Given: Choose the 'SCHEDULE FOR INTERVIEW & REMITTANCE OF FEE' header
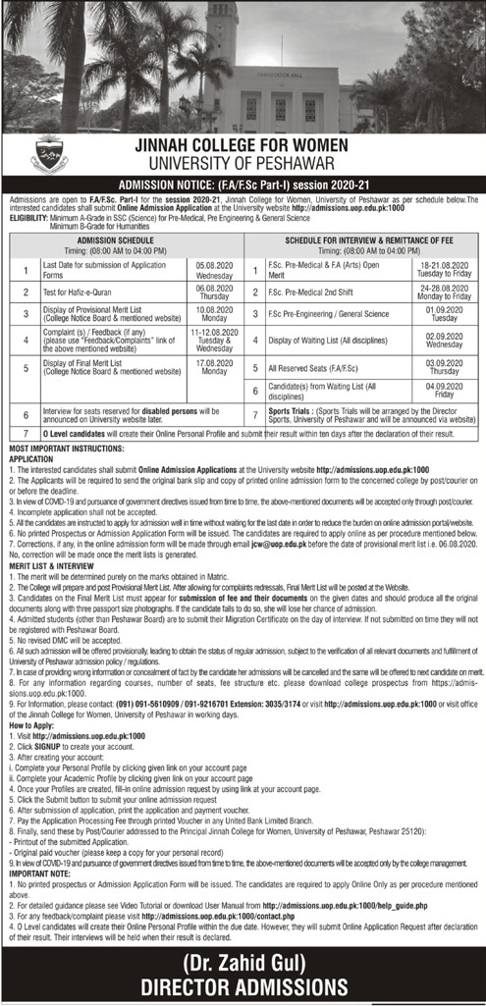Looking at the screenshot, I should point(364,238).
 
